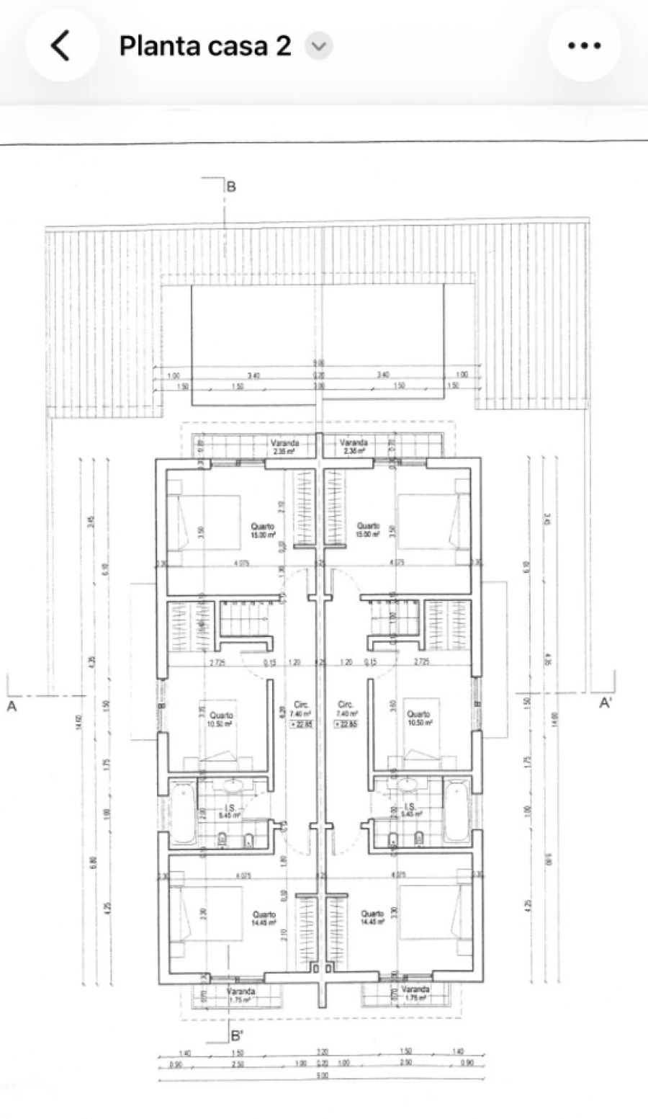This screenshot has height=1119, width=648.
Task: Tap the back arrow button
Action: (61, 45)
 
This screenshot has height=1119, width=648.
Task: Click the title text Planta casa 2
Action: (205, 46)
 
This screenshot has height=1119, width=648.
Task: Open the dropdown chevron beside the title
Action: (318, 47)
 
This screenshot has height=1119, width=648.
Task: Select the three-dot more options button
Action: (584, 45)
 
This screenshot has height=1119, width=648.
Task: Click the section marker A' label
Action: (606, 704)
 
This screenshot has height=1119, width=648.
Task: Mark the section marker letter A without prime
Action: (12, 707)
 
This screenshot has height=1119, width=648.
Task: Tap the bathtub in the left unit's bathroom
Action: (184, 813)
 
